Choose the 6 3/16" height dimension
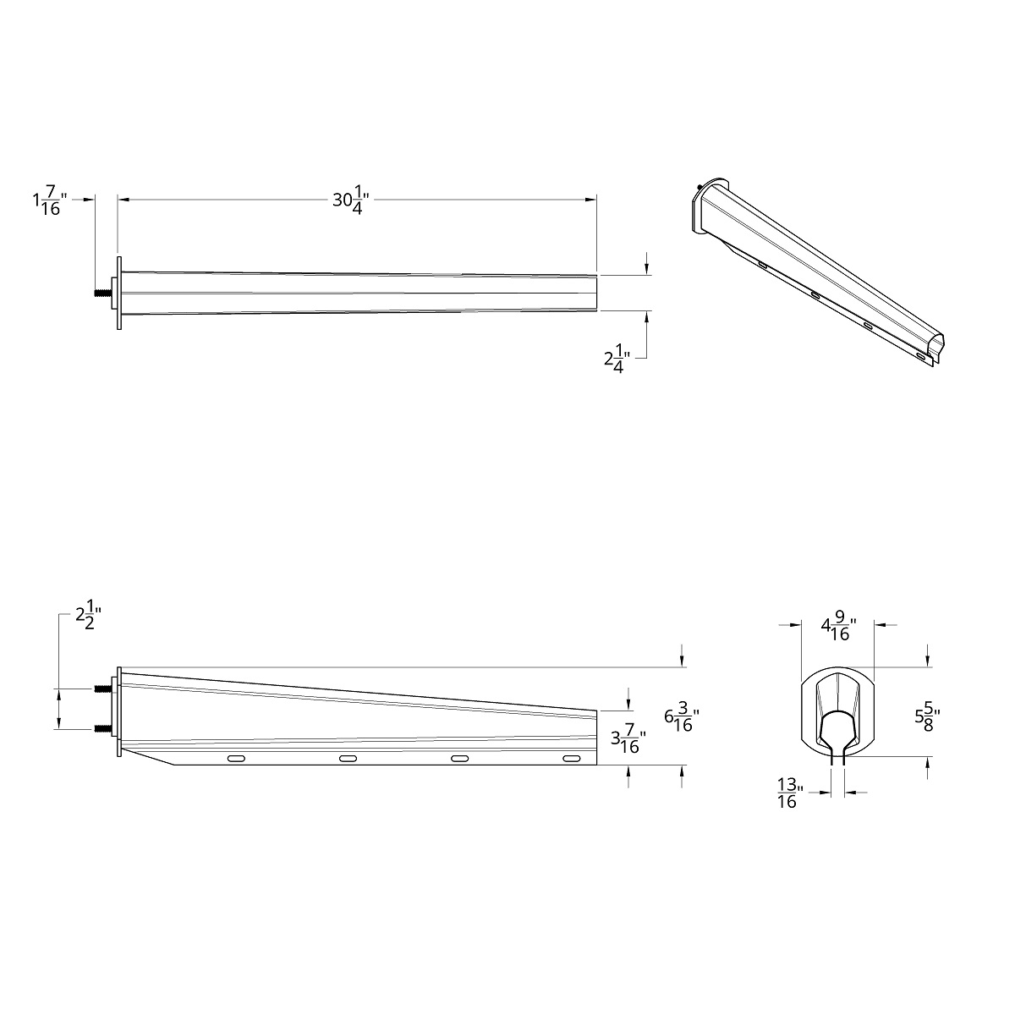point(682,720)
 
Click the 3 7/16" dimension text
point(628,742)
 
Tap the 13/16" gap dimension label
point(787,793)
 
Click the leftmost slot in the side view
point(237,759)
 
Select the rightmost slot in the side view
point(572,759)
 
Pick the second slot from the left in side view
point(348,759)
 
